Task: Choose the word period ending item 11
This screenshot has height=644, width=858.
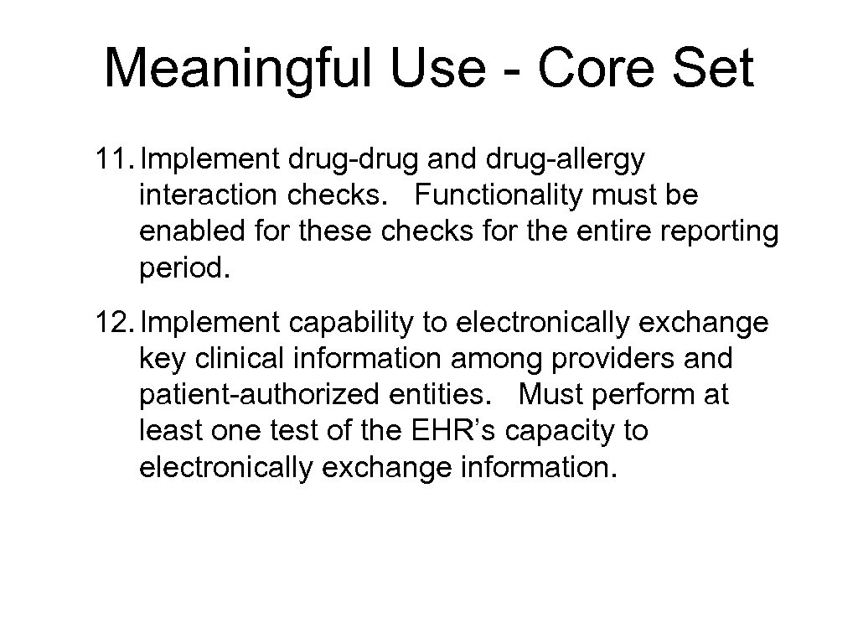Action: coord(183,269)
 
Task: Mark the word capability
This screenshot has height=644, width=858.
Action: coord(354,323)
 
